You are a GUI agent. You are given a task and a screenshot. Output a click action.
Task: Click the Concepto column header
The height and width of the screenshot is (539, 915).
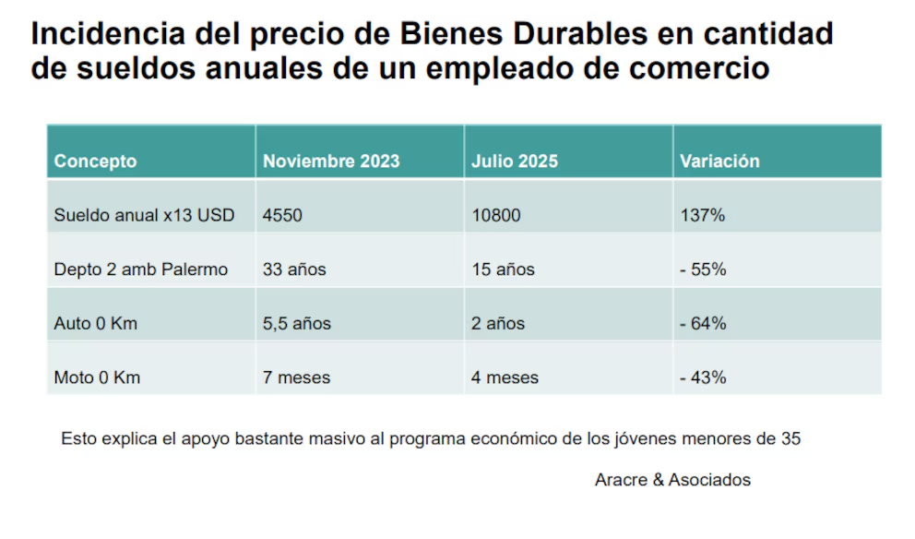[x=95, y=161]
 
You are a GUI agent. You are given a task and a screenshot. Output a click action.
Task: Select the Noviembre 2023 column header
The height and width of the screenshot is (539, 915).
[x=331, y=161]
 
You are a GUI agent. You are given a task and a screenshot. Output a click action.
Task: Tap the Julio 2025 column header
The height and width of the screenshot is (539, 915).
[x=515, y=161]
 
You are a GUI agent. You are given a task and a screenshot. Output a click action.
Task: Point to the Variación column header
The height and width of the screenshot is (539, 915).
[x=719, y=161]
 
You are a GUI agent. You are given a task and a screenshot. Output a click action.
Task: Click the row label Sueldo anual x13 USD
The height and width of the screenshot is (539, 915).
[x=144, y=216]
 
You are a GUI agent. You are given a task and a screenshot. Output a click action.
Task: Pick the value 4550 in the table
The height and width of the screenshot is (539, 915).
[x=282, y=216]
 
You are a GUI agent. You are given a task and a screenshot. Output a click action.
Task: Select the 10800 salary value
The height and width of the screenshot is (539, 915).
[x=495, y=216]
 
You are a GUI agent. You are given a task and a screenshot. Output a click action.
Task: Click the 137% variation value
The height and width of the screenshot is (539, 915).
[x=702, y=216]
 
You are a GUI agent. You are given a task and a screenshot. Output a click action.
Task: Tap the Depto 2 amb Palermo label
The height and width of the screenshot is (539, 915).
[x=140, y=270]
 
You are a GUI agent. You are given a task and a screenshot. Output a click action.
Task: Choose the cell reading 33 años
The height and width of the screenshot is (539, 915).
[x=294, y=270]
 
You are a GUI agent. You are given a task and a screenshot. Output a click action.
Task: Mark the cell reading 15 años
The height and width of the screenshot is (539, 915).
[x=503, y=270]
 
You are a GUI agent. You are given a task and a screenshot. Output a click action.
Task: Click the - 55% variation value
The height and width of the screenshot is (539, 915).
[x=703, y=270]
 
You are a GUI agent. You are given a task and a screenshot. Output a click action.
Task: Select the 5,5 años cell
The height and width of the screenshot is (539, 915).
[x=297, y=324]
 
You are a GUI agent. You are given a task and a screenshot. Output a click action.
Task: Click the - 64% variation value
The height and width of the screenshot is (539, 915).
[x=703, y=324]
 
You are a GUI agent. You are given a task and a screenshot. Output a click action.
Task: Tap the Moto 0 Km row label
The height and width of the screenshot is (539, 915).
[x=97, y=377]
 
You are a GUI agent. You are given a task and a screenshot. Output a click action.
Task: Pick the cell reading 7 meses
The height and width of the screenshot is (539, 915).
[x=296, y=377]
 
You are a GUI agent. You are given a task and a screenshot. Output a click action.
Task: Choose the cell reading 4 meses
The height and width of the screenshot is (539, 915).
[x=505, y=377]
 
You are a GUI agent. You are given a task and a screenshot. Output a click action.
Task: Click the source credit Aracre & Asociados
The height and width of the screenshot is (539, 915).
[x=672, y=480]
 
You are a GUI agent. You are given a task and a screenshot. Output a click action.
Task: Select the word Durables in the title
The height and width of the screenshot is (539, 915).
[x=580, y=34]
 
